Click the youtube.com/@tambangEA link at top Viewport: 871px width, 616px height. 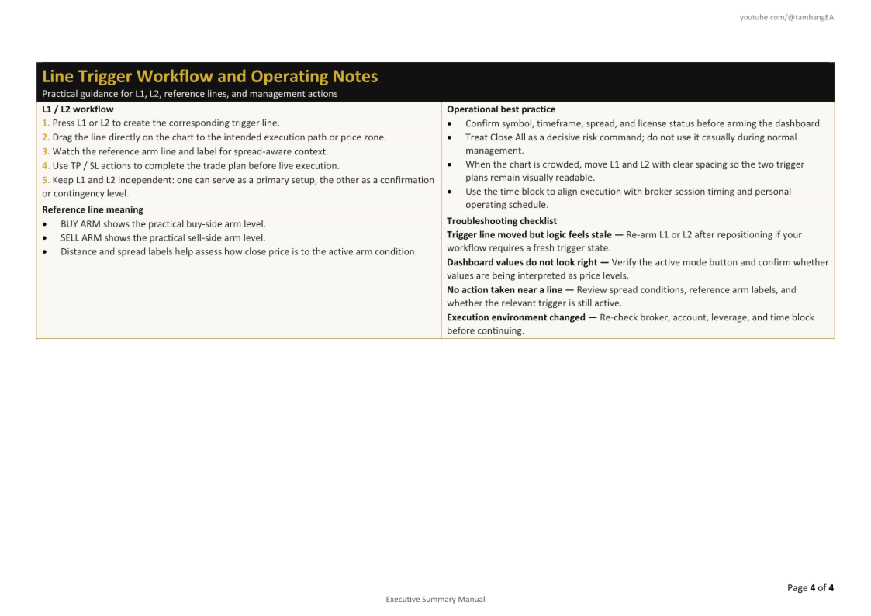tap(786, 17)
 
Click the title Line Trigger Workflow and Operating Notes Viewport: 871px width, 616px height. tap(209, 76)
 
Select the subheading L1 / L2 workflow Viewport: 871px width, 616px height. tap(78, 109)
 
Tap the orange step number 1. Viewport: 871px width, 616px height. tap(45, 123)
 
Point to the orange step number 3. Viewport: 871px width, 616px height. tap(45, 151)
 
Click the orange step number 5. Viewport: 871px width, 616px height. tap(45, 180)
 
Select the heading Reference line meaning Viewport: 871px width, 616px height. tap(92, 209)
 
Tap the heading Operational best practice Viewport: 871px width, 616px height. tap(501, 109)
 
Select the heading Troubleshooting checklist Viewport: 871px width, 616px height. tap(502, 221)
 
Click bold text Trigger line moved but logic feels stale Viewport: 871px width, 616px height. tap(529, 234)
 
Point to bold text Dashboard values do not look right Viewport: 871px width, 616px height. tap(522, 262)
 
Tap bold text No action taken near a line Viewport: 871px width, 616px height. tap(504, 289)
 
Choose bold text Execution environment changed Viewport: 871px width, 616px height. tap(516, 317)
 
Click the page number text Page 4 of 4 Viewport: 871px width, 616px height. tap(811, 587)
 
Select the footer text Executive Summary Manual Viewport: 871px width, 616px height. tap(435, 599)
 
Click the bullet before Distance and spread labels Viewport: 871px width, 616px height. tap(46, 251)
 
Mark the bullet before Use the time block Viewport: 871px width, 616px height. tap(450, 192)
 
